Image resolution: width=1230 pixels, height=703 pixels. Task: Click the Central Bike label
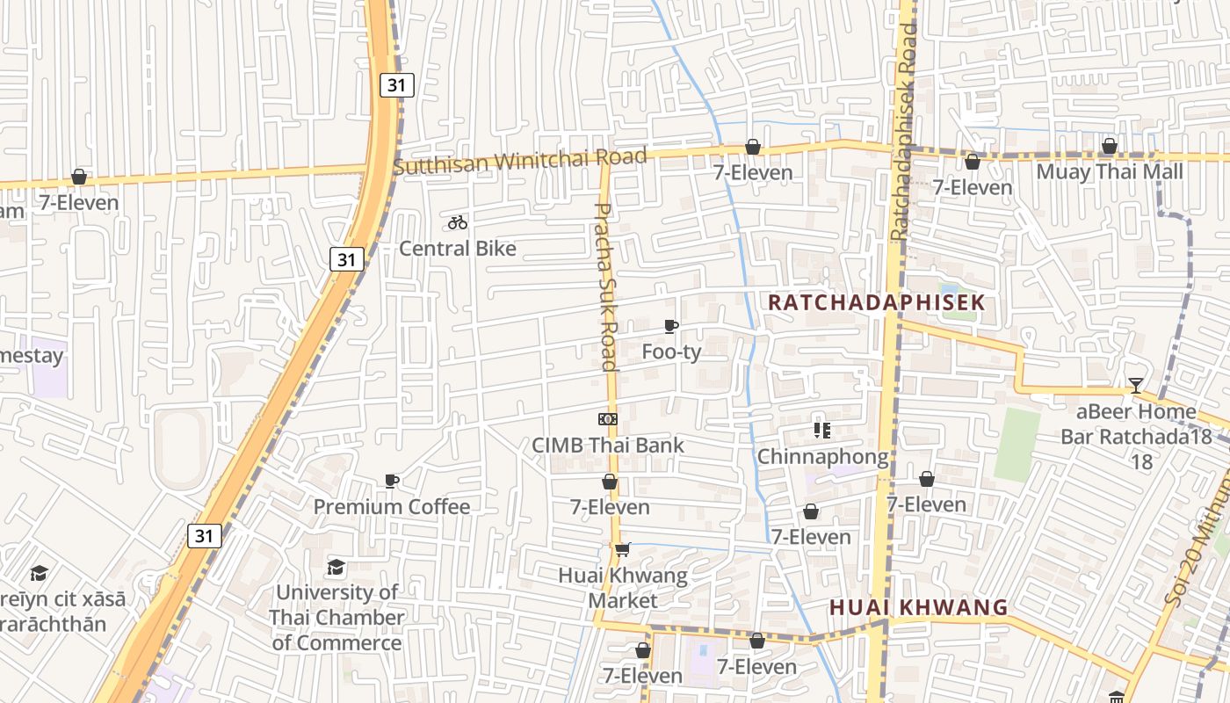pos(458,249)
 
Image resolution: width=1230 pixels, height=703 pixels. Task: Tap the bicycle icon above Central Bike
pos(458,222)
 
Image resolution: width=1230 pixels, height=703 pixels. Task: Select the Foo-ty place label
pos(672,352)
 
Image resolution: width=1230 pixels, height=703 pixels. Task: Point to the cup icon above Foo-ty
pos(671,327)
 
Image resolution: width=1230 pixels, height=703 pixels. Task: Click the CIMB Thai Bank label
pos(608,445)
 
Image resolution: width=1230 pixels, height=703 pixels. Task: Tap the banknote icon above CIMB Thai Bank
pos(608,419)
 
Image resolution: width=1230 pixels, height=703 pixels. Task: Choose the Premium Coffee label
pos(392,507)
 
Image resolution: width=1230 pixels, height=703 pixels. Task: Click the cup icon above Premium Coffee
pos(392,481)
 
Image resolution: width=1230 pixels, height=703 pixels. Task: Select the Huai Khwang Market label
pos(623,588)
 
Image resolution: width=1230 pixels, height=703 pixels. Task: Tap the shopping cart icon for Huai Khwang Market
pos(623,550)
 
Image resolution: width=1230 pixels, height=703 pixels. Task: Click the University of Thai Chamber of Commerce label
pos(337,617)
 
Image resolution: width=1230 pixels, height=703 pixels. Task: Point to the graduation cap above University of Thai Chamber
pos(336,567)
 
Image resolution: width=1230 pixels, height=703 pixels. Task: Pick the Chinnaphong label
pos(822,457)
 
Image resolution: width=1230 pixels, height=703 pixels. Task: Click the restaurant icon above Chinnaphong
pos(822,431)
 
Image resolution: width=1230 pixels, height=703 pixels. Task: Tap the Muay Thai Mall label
pos(1110,171)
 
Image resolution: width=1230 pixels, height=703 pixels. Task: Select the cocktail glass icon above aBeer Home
pos(1136,385)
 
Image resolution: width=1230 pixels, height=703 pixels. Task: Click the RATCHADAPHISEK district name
pos(876,303)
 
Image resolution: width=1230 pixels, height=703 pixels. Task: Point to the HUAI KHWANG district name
pos(918,607)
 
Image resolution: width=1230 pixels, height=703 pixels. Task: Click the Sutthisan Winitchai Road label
pos(520,161)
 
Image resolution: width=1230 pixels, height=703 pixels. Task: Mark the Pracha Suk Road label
pos(606,287)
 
